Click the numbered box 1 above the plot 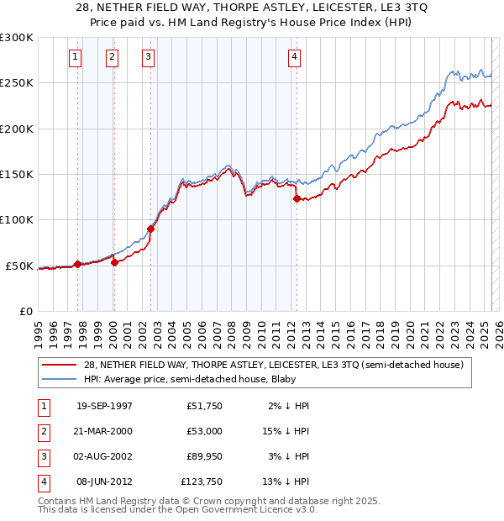[76, 57]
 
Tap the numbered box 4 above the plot [295, 57]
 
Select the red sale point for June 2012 [297, 199]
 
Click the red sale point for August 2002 [151, 229]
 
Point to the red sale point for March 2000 [114, 262]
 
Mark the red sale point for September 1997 [78, 264]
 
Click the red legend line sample [59, 365]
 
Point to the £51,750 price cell [204, 406]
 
